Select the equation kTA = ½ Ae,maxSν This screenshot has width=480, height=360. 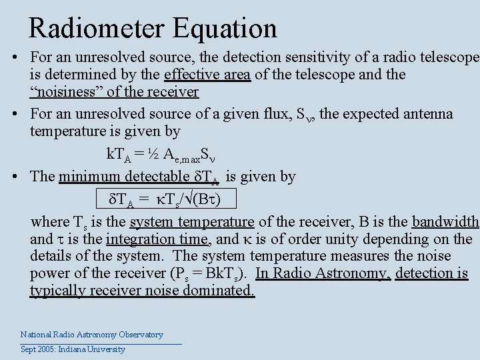(170, 154)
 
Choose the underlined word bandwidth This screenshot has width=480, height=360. (445, 222)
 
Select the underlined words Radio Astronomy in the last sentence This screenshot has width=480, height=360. (323, 273)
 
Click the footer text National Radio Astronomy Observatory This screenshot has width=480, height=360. (92, 335)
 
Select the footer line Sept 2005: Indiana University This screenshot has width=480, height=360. (73, 349)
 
